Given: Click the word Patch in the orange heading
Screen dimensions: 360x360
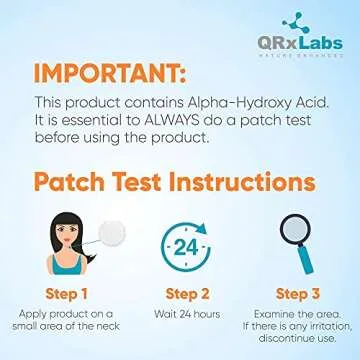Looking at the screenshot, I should [75, 183].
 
